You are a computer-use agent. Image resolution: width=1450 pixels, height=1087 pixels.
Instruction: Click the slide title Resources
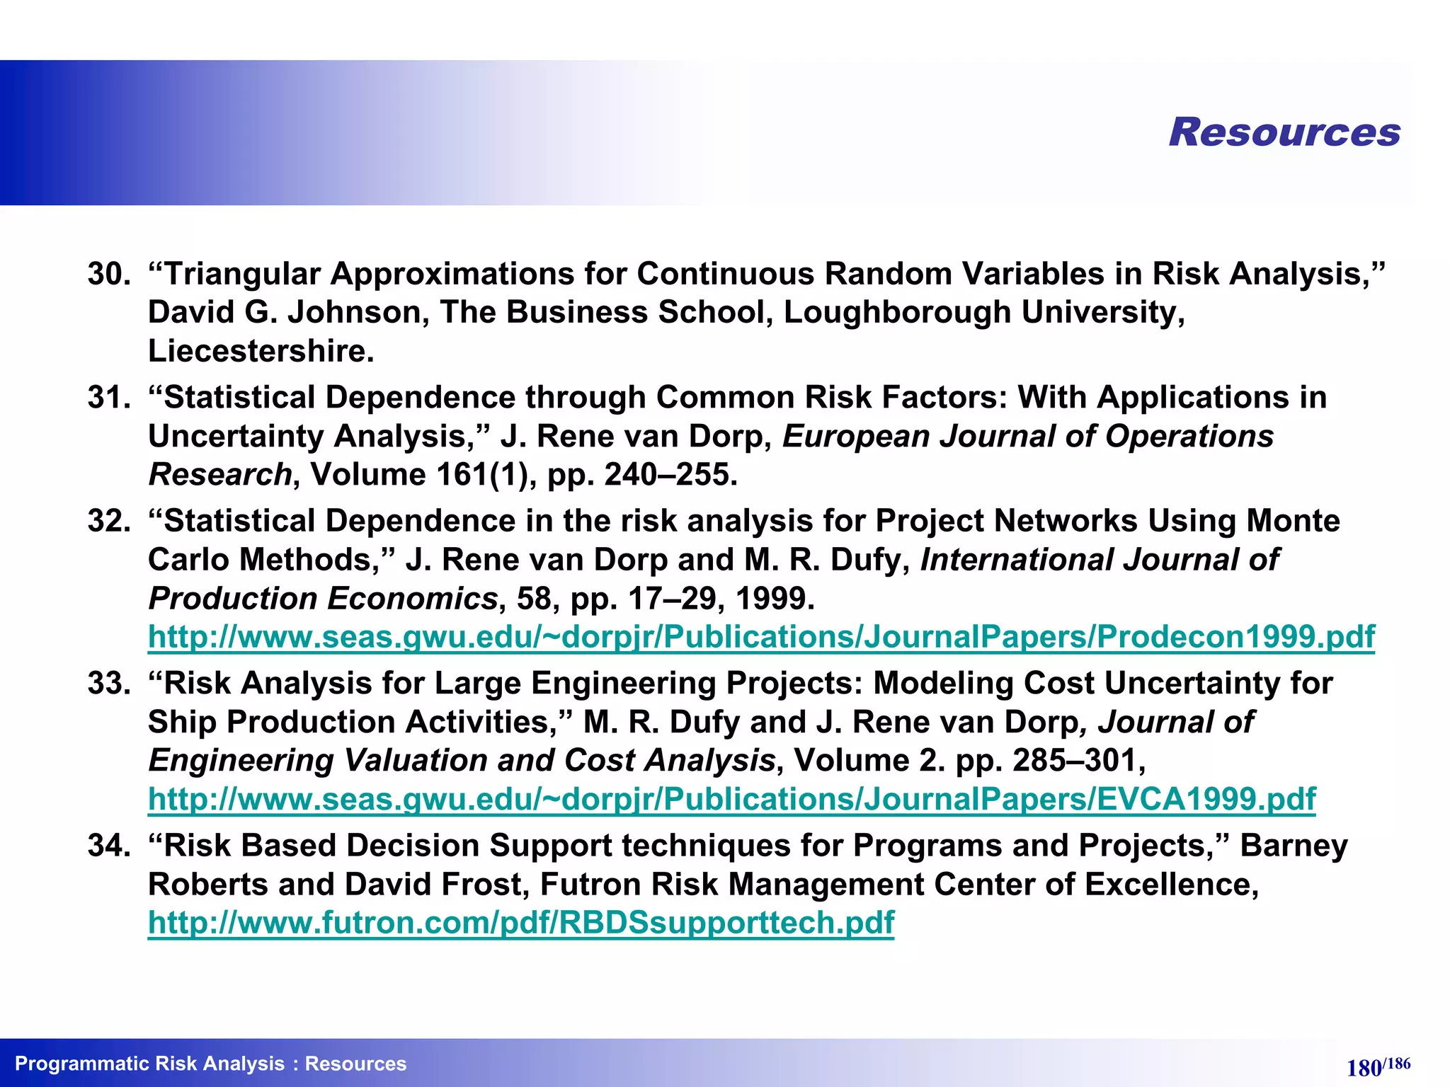point(1284,132)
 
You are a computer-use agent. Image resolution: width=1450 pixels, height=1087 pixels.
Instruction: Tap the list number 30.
point(108,274)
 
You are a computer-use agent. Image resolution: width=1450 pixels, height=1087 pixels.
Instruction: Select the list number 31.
point(108,397)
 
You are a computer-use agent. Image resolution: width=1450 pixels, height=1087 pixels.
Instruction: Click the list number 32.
point(108,521)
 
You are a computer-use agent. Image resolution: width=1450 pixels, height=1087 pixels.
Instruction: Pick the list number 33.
point(108,683)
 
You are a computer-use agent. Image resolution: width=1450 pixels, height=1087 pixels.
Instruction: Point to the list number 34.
point(108,845)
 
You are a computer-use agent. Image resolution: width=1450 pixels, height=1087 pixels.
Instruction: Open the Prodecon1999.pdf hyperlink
point(761,637)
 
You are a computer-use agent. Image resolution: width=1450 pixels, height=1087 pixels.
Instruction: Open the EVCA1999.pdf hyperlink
point(731,799)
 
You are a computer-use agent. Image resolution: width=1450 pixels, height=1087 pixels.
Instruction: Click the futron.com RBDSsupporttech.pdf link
point(521,923)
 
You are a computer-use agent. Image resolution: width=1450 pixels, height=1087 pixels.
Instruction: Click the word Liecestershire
point(261,351)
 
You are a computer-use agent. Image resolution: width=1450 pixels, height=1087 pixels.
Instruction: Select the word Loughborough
point(897,313)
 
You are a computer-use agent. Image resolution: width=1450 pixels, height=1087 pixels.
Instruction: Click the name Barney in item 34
point(1294,846)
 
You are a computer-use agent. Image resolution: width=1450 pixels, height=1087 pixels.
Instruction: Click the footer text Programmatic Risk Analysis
point(149,1064)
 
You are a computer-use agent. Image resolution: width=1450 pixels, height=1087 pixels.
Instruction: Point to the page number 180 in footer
point(1364,1068)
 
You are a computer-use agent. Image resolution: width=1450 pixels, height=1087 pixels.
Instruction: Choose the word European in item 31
point(855,437)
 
